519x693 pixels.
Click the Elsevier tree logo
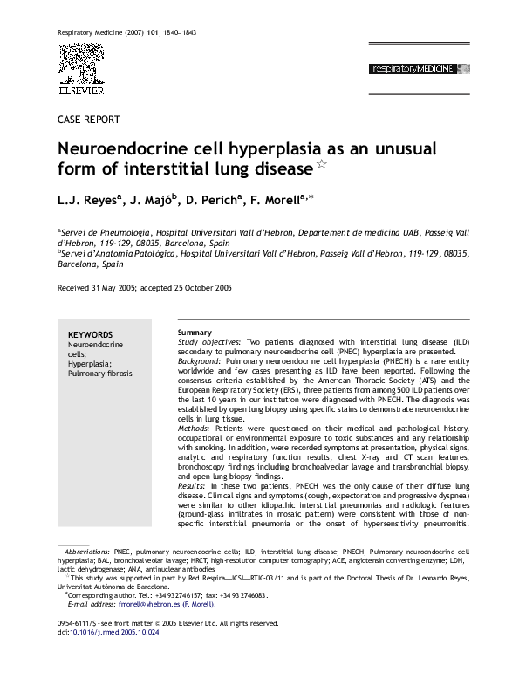(x=80, y=66)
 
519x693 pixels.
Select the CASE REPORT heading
(x=88, y=120)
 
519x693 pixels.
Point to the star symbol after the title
(x=322, y=164)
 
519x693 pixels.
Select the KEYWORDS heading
(x=90, y=334)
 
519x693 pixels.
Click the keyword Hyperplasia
(x=89, y=363)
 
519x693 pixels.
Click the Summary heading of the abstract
(x=195, y=333)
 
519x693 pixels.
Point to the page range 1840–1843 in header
(x=178, y=31)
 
